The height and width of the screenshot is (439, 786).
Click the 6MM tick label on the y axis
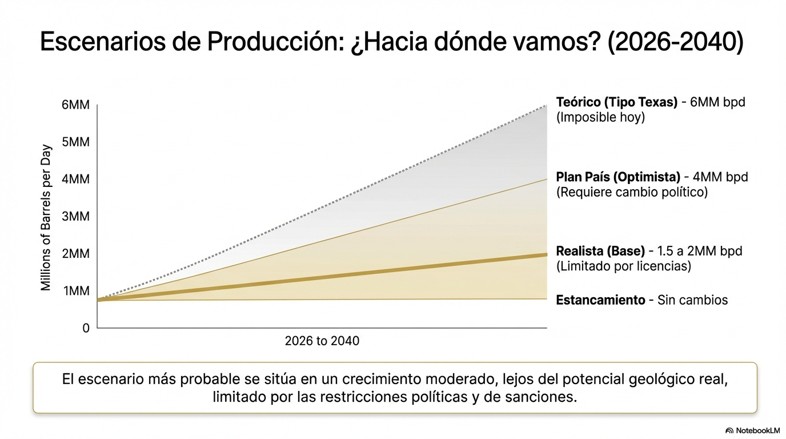point(76,105)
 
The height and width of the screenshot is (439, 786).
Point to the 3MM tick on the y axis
point(76,217)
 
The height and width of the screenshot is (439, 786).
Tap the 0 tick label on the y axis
point(86,329)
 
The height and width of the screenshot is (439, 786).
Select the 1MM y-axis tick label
point(76,292)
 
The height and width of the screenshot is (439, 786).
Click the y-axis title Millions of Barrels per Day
point(46,218)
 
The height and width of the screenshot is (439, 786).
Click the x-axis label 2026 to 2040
point(322,341)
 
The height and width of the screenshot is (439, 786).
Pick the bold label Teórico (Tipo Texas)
point(616,102)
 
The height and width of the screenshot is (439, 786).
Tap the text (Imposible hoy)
point(600,118)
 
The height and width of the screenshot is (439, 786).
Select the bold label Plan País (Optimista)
point(618,177)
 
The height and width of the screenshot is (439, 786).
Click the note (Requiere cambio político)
point(632,192)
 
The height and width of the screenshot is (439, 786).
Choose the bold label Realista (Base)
point(600,251)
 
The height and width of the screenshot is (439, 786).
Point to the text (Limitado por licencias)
point(623,266)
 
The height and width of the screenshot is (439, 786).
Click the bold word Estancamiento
point(600,300)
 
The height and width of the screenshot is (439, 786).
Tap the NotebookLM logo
point(752,430)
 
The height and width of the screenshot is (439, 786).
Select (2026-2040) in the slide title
point(675,42)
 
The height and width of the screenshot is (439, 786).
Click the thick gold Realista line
point(320,277)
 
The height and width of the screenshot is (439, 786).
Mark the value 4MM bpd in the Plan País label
point(720,177)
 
